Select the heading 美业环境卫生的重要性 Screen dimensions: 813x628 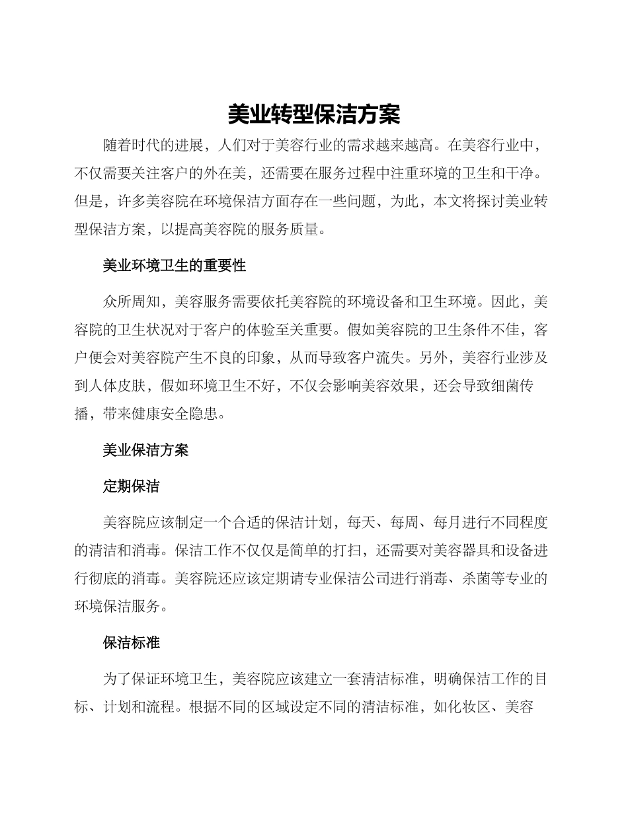pyautogui.click(x=175, y=266)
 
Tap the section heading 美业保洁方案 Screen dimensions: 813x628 pyautogui.click(x=145, y=450)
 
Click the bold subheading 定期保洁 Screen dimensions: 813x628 pyautogui.click(x=131, y=486)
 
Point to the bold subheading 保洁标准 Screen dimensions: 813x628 pyautogui.click(x=131, y=642)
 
